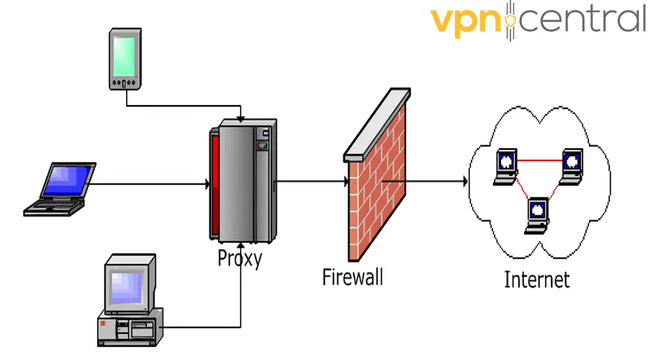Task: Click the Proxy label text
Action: tap(240, 258)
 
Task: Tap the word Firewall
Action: tap(353, 276)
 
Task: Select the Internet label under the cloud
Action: tap(536, 279)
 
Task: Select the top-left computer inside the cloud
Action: tap(505, 165)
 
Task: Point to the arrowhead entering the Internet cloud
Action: tap(463, 181)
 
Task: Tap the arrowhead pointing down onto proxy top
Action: tap(240, 118)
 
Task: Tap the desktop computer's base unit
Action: tap(130, 327)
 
